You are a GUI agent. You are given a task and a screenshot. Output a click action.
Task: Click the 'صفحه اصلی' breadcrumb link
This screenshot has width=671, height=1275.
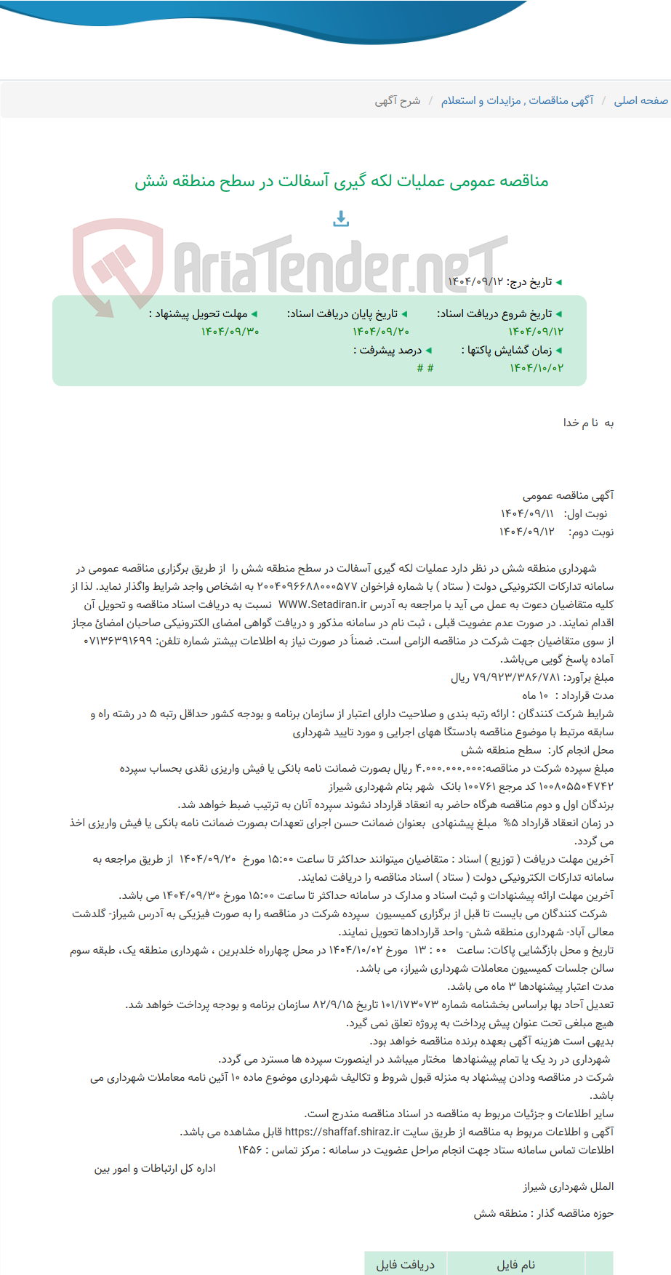pyautogui.click(x=640, y=100)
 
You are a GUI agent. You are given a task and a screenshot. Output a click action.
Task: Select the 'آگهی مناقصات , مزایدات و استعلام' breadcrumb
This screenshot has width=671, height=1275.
pyautogui.click(x=517, y=100)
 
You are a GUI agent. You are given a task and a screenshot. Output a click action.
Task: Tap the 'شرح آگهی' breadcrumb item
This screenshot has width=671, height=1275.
pyautogui.click(x=397, y=100)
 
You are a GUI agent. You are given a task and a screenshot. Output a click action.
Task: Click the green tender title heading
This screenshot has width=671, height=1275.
pyautogui.click(x=341, y=180)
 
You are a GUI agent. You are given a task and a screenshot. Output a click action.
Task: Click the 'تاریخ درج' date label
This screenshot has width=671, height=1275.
pyautogui.click(x=529, y=281)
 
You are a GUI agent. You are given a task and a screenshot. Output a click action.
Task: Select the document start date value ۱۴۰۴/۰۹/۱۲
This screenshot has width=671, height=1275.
pyautogui.click(x=536, y=332)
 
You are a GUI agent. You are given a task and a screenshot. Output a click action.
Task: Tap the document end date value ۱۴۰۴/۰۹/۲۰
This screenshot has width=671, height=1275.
pyautogui.click(x=381, y=332)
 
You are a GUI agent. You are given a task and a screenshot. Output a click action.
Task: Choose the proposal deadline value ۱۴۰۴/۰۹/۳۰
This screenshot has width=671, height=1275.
pyautogui.click(x=230, y=332)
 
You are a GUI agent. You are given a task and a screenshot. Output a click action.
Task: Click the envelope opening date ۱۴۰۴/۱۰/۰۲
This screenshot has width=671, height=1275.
pyautogui.click(x=536, y=368)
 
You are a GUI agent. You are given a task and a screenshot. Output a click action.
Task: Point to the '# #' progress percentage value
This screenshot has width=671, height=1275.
pyautogui.click(x=425, y=368)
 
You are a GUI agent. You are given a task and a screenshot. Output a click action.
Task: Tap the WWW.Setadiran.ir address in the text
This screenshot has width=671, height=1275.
pyautogui.click(x=322, y=604)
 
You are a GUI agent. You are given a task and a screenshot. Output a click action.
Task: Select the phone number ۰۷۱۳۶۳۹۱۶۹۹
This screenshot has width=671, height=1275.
pyautogui.click(x=118, y=641)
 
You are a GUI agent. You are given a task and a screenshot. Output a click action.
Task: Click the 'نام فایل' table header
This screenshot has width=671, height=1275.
pyautogui.click(x=515, y=1264)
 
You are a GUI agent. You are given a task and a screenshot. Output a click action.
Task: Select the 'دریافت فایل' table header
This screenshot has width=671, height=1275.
pyautogui.click(x=405, y=1264)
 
